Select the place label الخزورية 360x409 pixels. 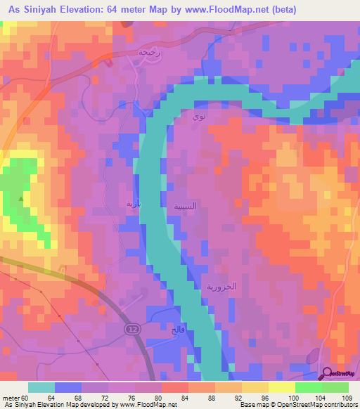coord(220,287)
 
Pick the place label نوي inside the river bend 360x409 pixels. coord(199,118)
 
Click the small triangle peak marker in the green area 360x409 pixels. coord(21,199)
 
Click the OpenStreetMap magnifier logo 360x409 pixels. coord(328,375)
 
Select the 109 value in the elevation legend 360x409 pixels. coord(345,398)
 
